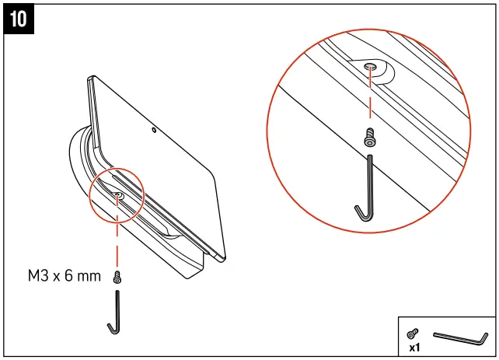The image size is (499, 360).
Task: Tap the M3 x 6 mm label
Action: pyautogui.click(x=65, y=276)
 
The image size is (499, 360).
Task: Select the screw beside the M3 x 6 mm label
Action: pyautogui.click(x=117, y=277)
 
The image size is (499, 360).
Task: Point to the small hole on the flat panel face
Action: pyautogui.click(x=155, y=130)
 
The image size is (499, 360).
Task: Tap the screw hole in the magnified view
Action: pyautogui.click(x=372, y=68)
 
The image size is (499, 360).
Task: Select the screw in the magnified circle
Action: pyautogui.click(x=370, y=138)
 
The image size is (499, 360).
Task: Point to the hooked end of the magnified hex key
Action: pyautogui.click(x=360, y=212)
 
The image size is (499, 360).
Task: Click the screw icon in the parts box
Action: pyautogui.click(x=413, y=332)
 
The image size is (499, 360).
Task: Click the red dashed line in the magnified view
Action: pyautogui.click(x=371, y=101)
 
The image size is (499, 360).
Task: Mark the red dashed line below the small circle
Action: pyautogui.click(x=117, y=241)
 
